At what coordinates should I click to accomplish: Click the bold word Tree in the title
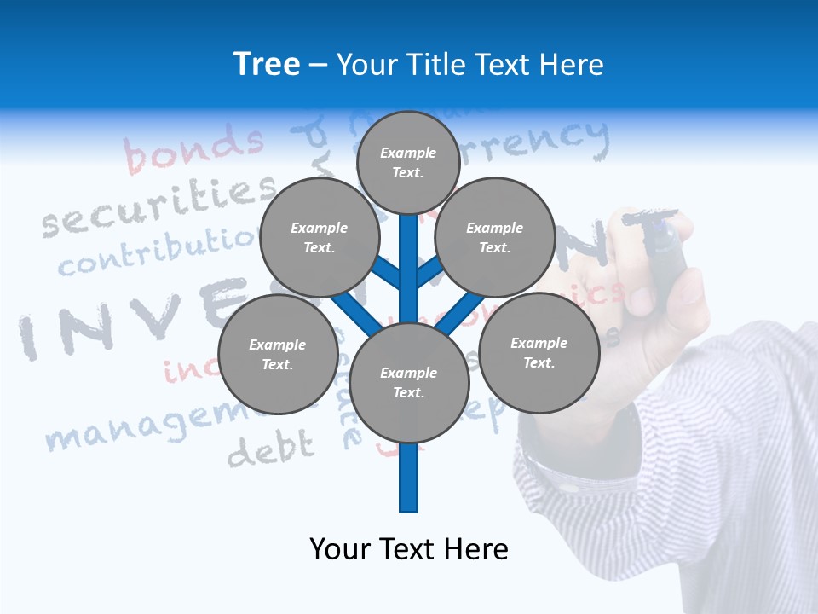click(267, 65)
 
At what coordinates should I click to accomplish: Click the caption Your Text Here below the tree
click(408, 549)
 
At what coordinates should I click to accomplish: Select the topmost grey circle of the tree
click(408, 162)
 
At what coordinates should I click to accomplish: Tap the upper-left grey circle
click(319, 237)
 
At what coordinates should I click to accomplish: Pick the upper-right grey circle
click(494, 237)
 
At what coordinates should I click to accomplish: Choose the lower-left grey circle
click(277, 354)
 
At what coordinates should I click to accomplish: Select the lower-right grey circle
click(539, 352)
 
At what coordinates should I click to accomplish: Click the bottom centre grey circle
click(408, 382)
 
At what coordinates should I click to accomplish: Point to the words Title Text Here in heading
click(469, 65)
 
